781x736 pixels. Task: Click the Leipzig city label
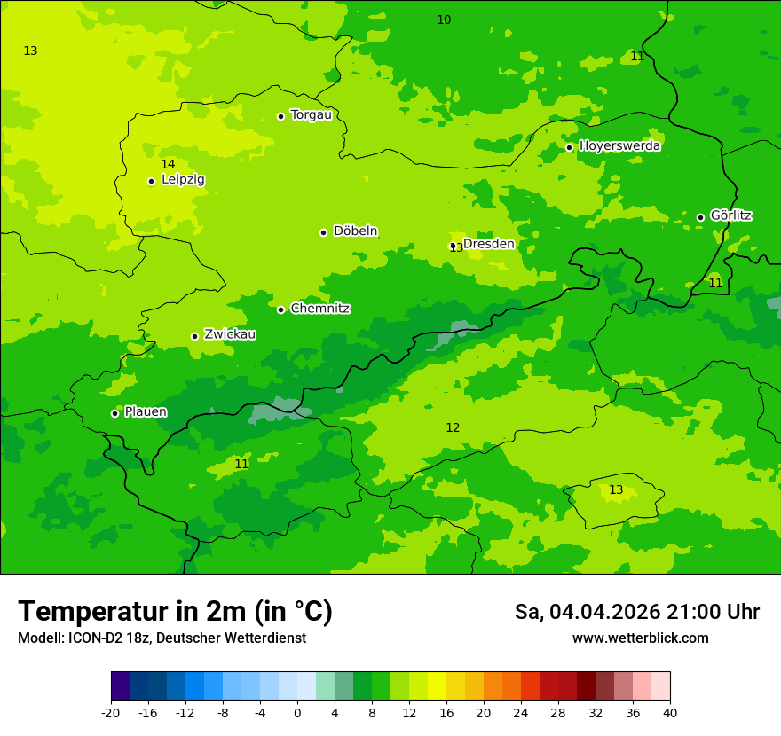(183, 180)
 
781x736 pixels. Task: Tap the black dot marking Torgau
(280, 116)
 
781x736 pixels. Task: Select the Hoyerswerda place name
(619, 146)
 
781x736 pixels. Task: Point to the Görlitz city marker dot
(700, 217)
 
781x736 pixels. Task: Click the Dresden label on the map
(488, 244)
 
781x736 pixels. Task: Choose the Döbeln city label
(355, 231)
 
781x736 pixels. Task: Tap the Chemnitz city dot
(280, 309)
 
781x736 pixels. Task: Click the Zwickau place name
(230, 334)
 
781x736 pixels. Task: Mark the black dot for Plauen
(114, 413)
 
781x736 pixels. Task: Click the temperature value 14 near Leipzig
(168, 164)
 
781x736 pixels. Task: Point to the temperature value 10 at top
(444, 20)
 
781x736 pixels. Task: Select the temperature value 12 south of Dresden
(453, 427)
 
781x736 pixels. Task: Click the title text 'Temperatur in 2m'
(133, 611)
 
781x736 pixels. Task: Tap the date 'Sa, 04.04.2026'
(587, 612)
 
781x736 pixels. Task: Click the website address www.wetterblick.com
(640, 638)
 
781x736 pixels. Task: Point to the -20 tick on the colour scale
(111, 713)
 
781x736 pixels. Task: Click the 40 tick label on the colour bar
(670, 713)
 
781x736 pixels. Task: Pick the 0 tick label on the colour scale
(297, 713)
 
